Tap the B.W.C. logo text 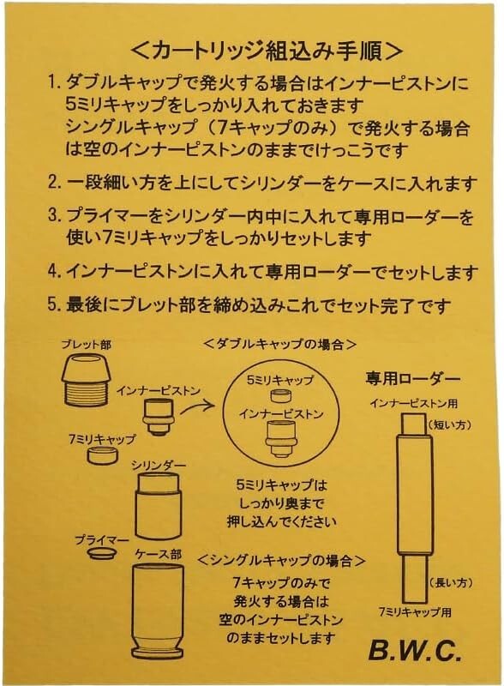415,650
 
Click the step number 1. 54,82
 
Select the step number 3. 54,216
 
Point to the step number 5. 54,304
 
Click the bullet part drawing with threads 87,378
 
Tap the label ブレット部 87,344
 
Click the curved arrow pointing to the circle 198,405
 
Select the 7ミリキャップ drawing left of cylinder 103,455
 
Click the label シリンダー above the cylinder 159,466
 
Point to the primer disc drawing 102,552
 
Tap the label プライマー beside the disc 101,539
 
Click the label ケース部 158,554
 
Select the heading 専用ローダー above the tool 412,378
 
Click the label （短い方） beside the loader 449,424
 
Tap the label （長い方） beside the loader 450,582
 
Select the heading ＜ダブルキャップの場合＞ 280,344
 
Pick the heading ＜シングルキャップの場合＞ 281,560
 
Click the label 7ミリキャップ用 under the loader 415,612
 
